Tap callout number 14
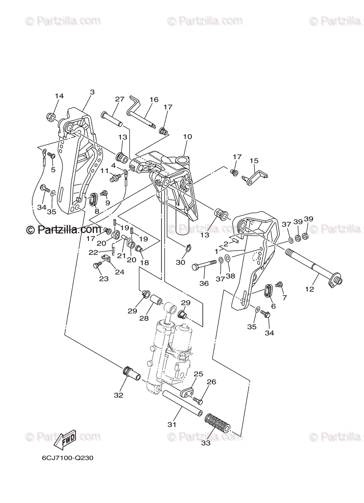point(59,96)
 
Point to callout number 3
point(92,92)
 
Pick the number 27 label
point(120,99)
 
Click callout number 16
point(154,100)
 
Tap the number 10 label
point(187,137)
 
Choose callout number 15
point(254,161)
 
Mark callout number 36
point(204,283)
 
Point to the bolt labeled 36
point(204,266)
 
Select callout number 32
point(119,395)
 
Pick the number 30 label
point(180,262)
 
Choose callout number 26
point(212,382)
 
